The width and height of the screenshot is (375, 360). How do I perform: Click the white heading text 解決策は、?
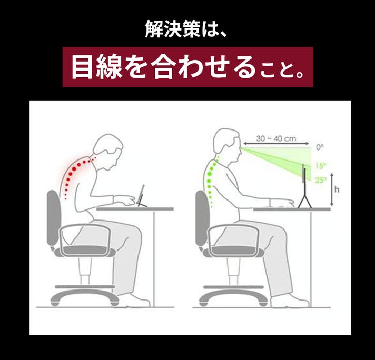[185, 29]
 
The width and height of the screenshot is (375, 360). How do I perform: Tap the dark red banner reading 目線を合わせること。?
[187, 67]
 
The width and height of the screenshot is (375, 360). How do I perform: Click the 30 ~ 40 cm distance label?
[276, 138]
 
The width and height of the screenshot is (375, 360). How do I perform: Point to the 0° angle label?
[320, 147]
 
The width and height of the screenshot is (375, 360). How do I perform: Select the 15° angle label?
[321, 165]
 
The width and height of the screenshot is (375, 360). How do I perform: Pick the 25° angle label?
[321, 180]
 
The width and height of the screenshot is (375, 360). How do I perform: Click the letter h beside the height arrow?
[337, 189]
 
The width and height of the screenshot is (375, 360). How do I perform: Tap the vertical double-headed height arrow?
[331, 189]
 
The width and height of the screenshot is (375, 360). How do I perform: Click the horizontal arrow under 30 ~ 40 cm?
[276, 144]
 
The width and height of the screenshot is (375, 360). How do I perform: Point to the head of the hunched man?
[108, 150]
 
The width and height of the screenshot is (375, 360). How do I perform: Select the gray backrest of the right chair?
[202, 218]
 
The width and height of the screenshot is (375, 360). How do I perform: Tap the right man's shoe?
[290, 301]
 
